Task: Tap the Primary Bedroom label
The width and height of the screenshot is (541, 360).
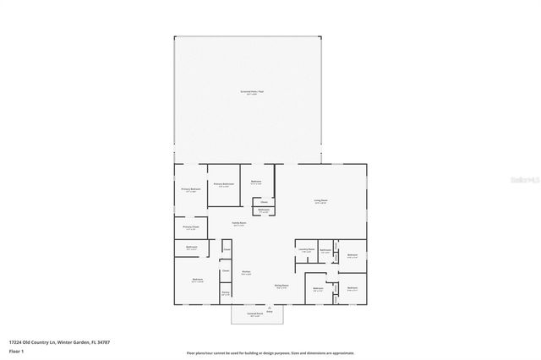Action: coord(190,189)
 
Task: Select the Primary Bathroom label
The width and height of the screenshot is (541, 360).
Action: coord(223,184)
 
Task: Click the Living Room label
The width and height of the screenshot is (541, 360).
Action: coord(320,201)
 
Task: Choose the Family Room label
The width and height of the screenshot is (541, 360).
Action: coord(238,224)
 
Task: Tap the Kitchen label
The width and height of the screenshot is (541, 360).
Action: coord(245,272)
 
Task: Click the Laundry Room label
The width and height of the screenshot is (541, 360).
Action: coord(306,250)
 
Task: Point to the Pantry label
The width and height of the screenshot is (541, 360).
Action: coord(226,293)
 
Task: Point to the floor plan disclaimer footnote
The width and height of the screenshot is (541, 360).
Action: coord(270,353)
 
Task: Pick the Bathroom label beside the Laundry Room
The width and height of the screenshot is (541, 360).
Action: coord(325,250)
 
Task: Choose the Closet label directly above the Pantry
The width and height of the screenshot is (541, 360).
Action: coord(226,271)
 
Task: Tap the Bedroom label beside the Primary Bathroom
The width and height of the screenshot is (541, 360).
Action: coord(256,182)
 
